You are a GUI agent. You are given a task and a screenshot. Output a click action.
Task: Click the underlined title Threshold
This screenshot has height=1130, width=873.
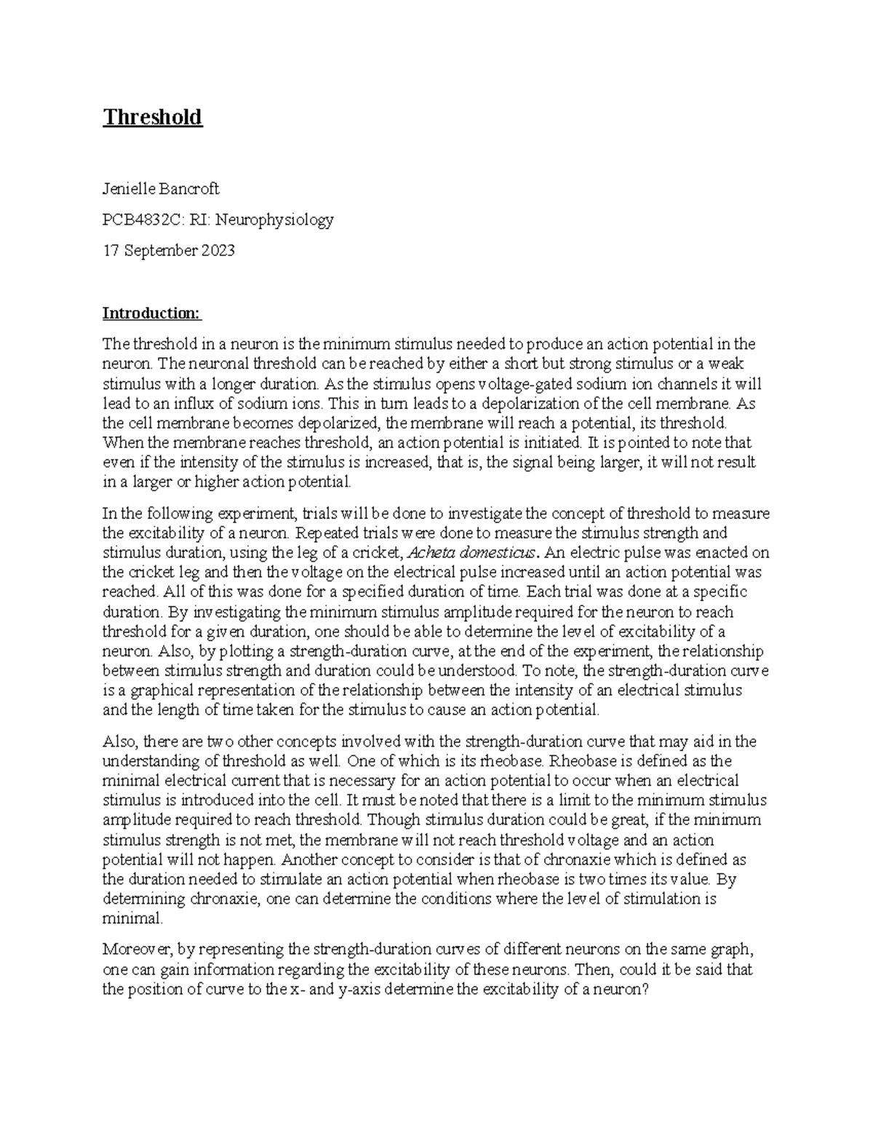(x=152, y=117)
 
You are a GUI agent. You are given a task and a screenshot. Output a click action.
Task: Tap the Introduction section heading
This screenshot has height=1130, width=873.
(x=151, y=314)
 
